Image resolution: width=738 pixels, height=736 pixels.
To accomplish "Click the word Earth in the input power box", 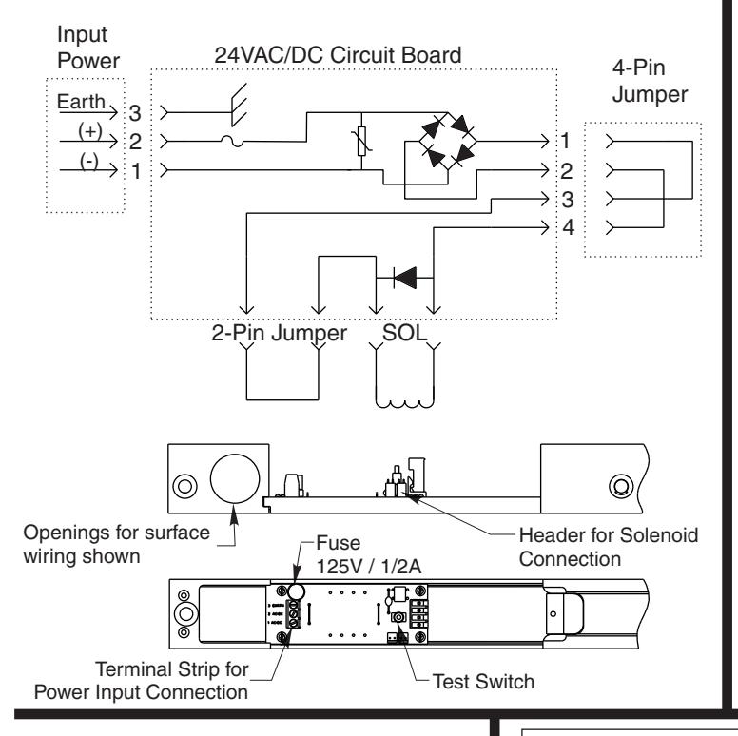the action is tap(81, 102).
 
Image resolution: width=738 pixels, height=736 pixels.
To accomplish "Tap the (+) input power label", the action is tap(90, 130).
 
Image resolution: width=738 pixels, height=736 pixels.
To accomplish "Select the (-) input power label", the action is tap(89, 161).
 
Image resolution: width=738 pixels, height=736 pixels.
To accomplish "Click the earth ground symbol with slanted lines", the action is tap(239, 105).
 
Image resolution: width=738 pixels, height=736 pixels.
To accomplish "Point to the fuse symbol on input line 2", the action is tap(232, 141).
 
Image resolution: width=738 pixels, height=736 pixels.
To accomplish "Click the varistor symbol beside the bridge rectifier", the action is tap(361, 141).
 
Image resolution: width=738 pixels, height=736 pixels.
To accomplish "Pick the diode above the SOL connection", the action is tap(405, 278).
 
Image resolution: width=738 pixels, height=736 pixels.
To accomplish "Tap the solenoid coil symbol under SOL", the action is tap(404, 403).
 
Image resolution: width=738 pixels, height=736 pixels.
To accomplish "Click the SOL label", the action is tap(405, 333).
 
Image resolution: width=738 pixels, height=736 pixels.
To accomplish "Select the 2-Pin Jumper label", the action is tap(279, 333).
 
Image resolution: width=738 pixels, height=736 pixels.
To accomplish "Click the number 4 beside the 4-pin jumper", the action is tap(569, 228).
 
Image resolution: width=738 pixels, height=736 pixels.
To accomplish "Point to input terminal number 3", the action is tap(135, 113).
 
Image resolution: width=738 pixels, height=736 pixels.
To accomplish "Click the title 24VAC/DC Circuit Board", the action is tap(338, 55).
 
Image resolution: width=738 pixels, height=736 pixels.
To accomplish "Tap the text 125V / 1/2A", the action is tap(369, 567).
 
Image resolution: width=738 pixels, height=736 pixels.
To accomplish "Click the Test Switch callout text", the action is tap(483, 682).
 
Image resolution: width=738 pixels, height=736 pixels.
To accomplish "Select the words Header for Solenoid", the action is tap(608, 535).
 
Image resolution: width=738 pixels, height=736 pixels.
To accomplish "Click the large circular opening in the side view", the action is tap(235, 478).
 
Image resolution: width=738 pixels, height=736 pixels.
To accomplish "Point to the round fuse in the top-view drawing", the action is tap(296, 592).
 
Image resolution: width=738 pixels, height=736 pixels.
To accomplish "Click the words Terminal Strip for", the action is tap(172, 669).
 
